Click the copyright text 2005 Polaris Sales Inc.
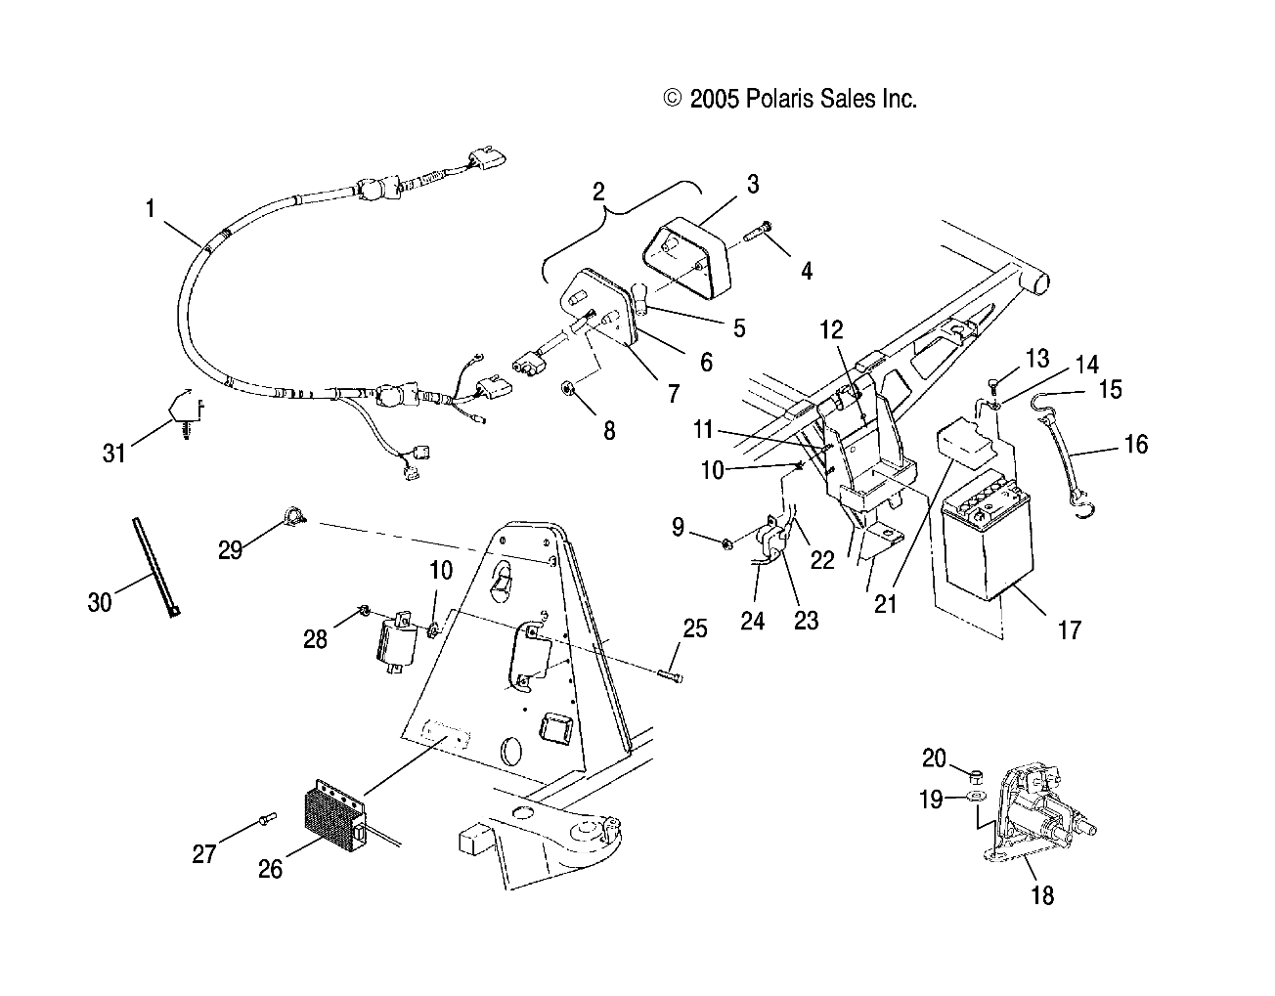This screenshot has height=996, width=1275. pyautogui.click(x=790, y=98)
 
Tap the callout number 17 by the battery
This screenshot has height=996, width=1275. pyautogui.click(x=1070, y=629)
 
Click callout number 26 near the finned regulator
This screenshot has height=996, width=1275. pyautogui.click(x=270, y=867)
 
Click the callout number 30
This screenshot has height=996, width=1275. pyautogui.click(x=100, y=602)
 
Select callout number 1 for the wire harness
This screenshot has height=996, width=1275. pyautogui.click(x=150, y=207)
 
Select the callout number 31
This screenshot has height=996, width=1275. pyautogui.click(x=114, y=453)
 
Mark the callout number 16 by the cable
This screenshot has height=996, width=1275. pyautogui.click(x=1135, y=445)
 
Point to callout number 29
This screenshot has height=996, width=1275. pyautogui.click(x=230, y=549)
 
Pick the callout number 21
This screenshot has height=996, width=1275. pyautogui.click(x=885, y=604)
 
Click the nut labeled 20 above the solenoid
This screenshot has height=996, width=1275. pyautogui.click(x=974, y=776)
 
